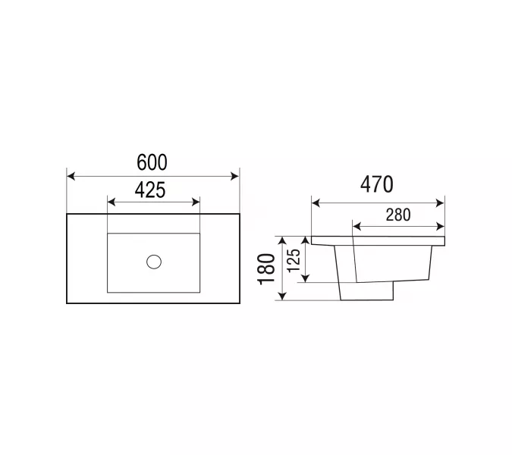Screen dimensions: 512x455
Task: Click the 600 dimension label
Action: coord(152,162)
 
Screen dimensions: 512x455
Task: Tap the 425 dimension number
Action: coord(150,190)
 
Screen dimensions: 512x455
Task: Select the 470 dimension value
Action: coord(377,184)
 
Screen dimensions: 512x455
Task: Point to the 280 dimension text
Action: coord(398,215)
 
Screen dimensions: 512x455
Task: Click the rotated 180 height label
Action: coord(267,269)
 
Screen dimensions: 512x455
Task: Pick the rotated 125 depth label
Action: coord(294,260)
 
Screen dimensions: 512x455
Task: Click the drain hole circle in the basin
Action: coord(154,262)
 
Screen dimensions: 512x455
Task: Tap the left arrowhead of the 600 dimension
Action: coord(71,176)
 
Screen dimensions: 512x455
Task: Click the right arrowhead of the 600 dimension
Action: coord(235,176)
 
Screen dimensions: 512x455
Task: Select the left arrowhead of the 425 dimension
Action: coord(112,202)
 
